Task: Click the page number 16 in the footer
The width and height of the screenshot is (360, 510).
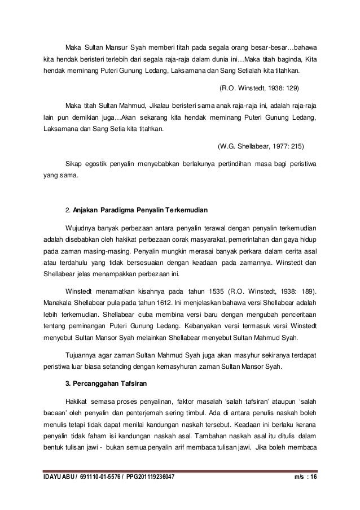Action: click(x=311, y=478)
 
